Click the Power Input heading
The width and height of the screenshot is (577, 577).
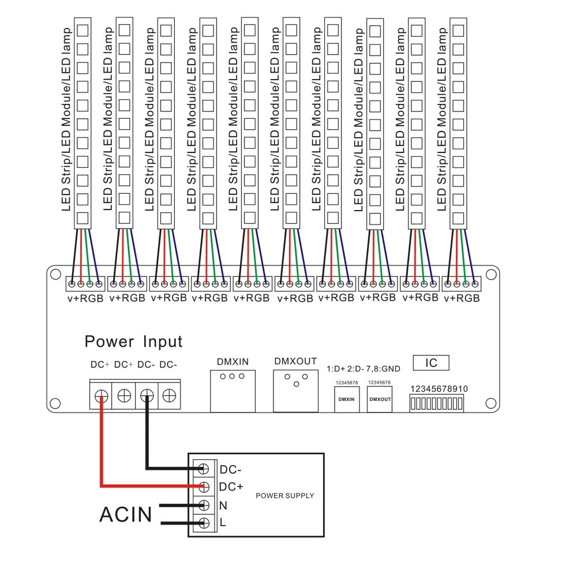coord(133,342)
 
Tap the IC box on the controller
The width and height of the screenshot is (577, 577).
coord(431,363)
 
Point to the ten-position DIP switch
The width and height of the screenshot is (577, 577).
coord(436,403)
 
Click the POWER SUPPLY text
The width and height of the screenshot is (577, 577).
coord(284,496)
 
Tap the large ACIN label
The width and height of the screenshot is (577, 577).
coord(126,514)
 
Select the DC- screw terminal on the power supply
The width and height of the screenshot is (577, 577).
coord(203,468)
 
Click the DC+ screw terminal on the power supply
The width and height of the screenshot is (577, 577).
coord(203,486)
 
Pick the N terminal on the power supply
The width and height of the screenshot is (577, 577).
coord(203,505)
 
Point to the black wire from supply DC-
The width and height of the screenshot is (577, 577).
coord(148,444)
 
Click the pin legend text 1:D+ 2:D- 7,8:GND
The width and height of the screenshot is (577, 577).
coord(364,368)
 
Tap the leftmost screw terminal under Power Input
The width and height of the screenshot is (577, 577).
coord(101,396)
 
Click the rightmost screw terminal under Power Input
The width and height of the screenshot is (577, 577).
coord(168,396)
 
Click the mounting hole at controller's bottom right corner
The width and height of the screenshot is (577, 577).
coord(491,403)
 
